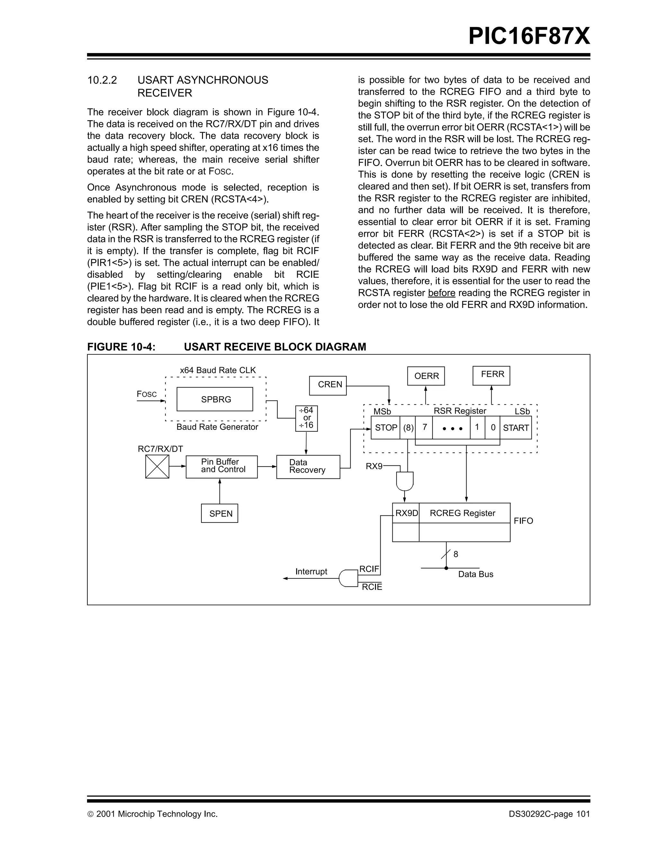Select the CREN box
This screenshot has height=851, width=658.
click(x=328, y=385)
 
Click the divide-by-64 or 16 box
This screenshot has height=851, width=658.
click(x=307, y=418)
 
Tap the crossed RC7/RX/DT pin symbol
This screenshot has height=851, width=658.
click(x=157, y=466)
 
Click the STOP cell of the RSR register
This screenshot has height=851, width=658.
click(x=385, y=428)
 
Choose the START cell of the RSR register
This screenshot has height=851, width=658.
click(x=515, y=428)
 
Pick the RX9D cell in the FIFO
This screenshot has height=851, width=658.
click(x=406, y=513)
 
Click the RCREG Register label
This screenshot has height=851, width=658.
click(x=462, y=513)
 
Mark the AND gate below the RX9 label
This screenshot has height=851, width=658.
click(x=405, y=481)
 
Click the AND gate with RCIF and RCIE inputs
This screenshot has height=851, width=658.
click(x=348, y=578)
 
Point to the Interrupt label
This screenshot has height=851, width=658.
click(x=311, y=571)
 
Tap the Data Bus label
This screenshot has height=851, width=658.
click(x=476, y=574)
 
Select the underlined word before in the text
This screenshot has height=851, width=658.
click(x=441, y=293)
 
